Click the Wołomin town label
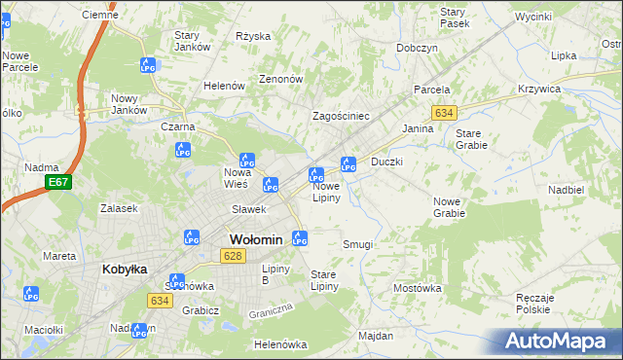click(255, 239)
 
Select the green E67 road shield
click(58, 182)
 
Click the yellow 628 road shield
click(232, 256)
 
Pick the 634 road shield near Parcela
click(445, 113)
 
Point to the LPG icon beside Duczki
click(348, 164)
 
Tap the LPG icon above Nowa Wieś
click(246, 161)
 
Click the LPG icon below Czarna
click(181, 150)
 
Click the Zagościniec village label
click(340, 116)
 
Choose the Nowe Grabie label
click(449, 206)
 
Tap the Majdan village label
click(375, 336)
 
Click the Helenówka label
click(279, 344)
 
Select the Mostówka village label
click(418, 289)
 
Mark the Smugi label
click(357, 244)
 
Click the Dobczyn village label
click(417, 48)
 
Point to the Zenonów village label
click(281, 79)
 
